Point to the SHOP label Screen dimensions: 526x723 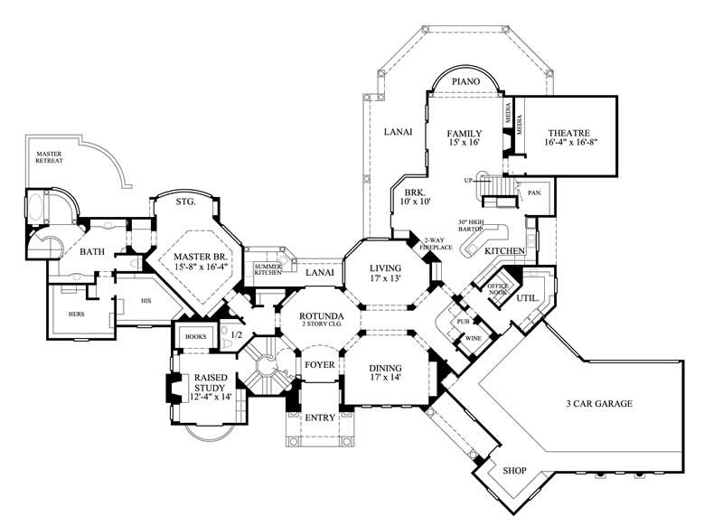pyautogui.click(x=514, y=470)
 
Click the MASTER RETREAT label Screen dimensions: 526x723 pyautogui.click(x=49, y=159)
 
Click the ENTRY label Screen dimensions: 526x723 pyautogui.click(x=319, y=418)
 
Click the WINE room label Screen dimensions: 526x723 pyautogui.click(x=474, y=339)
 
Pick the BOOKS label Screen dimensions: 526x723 pyautogui.click(x=195, y=335)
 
